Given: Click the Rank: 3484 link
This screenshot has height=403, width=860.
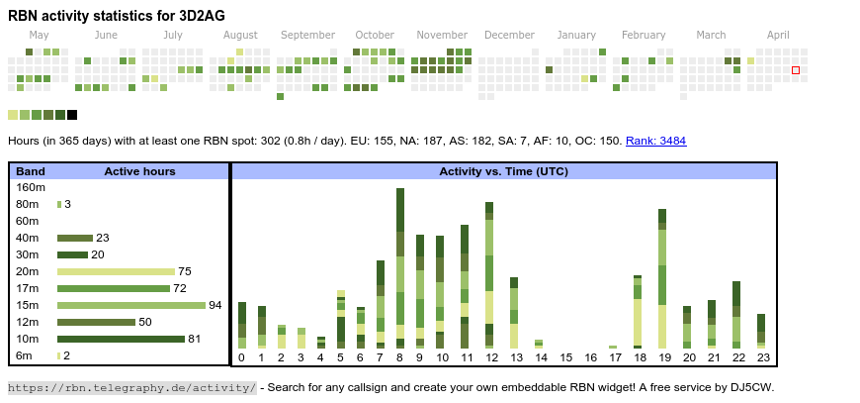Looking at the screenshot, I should coord(655,141).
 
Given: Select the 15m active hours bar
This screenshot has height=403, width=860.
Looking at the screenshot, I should coord(131,305).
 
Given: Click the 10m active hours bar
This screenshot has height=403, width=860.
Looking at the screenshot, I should coord(121,339).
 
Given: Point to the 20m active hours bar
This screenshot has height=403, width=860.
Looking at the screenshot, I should coord(116,271).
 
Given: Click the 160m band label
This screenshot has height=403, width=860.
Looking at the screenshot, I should coord(31,187).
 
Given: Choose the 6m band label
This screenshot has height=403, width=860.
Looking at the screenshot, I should coord(25,355).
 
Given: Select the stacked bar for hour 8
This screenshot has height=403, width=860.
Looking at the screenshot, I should coord(400,267).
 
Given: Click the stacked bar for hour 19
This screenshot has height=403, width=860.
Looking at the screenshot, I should coord(662,278).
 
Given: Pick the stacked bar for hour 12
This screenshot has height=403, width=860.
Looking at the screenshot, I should coord(489,274).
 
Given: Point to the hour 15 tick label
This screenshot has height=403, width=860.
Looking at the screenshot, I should coord(566,358).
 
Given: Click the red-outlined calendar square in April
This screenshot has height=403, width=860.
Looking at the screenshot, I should coord(796,70).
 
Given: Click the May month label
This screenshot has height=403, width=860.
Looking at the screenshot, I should coord(40,35).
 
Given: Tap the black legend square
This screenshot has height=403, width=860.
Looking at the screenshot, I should coord(72,115).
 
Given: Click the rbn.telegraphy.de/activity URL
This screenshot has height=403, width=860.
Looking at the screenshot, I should coord(131,387).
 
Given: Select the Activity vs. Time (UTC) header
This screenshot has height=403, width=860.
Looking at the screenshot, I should coord(503,171).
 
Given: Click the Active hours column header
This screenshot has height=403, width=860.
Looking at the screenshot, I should coord(139,171).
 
